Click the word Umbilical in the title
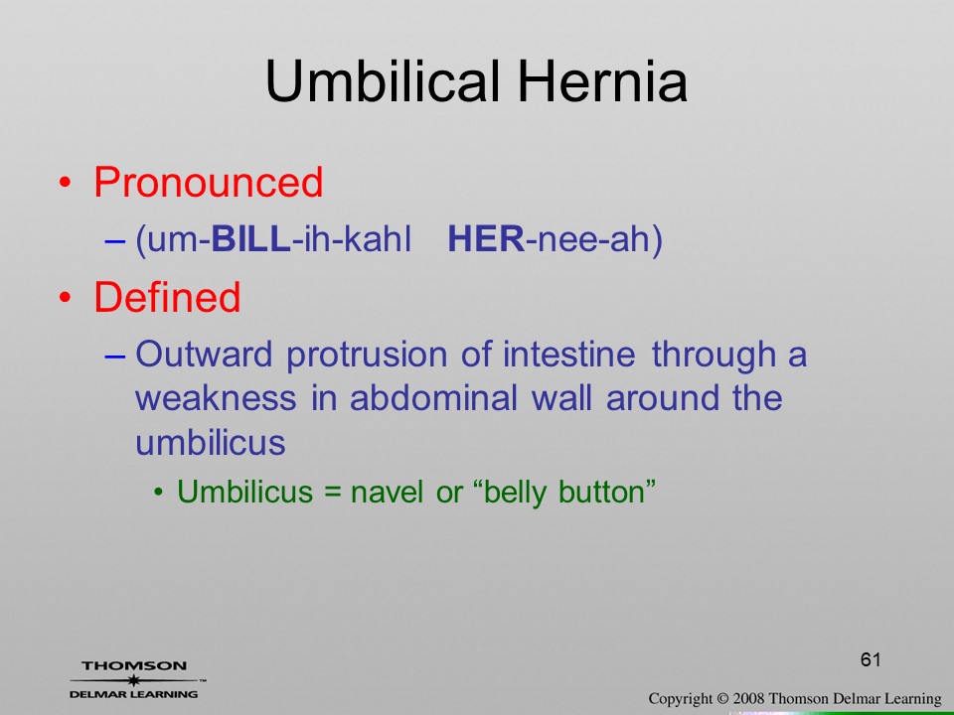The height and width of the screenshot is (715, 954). click(382, 81)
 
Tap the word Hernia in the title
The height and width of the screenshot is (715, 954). click(603, 81)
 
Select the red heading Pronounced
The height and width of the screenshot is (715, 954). click(208, 182)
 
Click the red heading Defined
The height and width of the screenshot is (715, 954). click(167, 297)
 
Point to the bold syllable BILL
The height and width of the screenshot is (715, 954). click(250, 238)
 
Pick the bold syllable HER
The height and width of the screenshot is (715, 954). click(486, 238)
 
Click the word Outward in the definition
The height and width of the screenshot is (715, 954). click(203, 354)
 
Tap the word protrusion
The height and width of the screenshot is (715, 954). click(367, 356)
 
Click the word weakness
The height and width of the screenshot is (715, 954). click(216, 397)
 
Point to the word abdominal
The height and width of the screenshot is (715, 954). click(434, 397)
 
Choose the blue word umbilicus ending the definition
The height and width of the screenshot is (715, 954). click(211, 441)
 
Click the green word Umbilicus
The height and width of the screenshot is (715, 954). click(244, 492)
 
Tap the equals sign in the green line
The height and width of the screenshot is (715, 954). click(332, 493)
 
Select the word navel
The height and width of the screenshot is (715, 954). click(387, 492)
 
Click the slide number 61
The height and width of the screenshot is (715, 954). click(871, 659)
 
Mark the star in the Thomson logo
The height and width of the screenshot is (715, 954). click(134, 679)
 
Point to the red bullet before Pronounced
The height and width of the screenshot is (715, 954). click(65, 183)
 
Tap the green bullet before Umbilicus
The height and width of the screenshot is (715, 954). click(159, 492)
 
